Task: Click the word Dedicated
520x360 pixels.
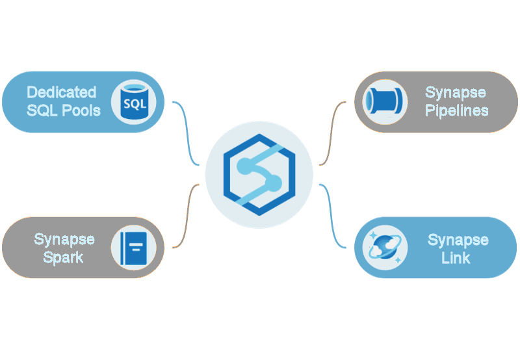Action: point(61,92)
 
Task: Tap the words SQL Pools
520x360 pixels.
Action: point(64,110)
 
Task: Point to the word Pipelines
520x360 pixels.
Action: point(456,110)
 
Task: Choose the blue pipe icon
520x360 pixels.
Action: point(385,102)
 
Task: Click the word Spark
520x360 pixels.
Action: point(64,257)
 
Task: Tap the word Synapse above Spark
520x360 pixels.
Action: point(64,239)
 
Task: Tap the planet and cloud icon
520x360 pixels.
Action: point(385,248)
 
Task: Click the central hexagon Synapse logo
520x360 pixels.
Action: point(259,175)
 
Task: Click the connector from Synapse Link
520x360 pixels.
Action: point(334,218)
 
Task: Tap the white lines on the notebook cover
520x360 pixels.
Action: point(136,246)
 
